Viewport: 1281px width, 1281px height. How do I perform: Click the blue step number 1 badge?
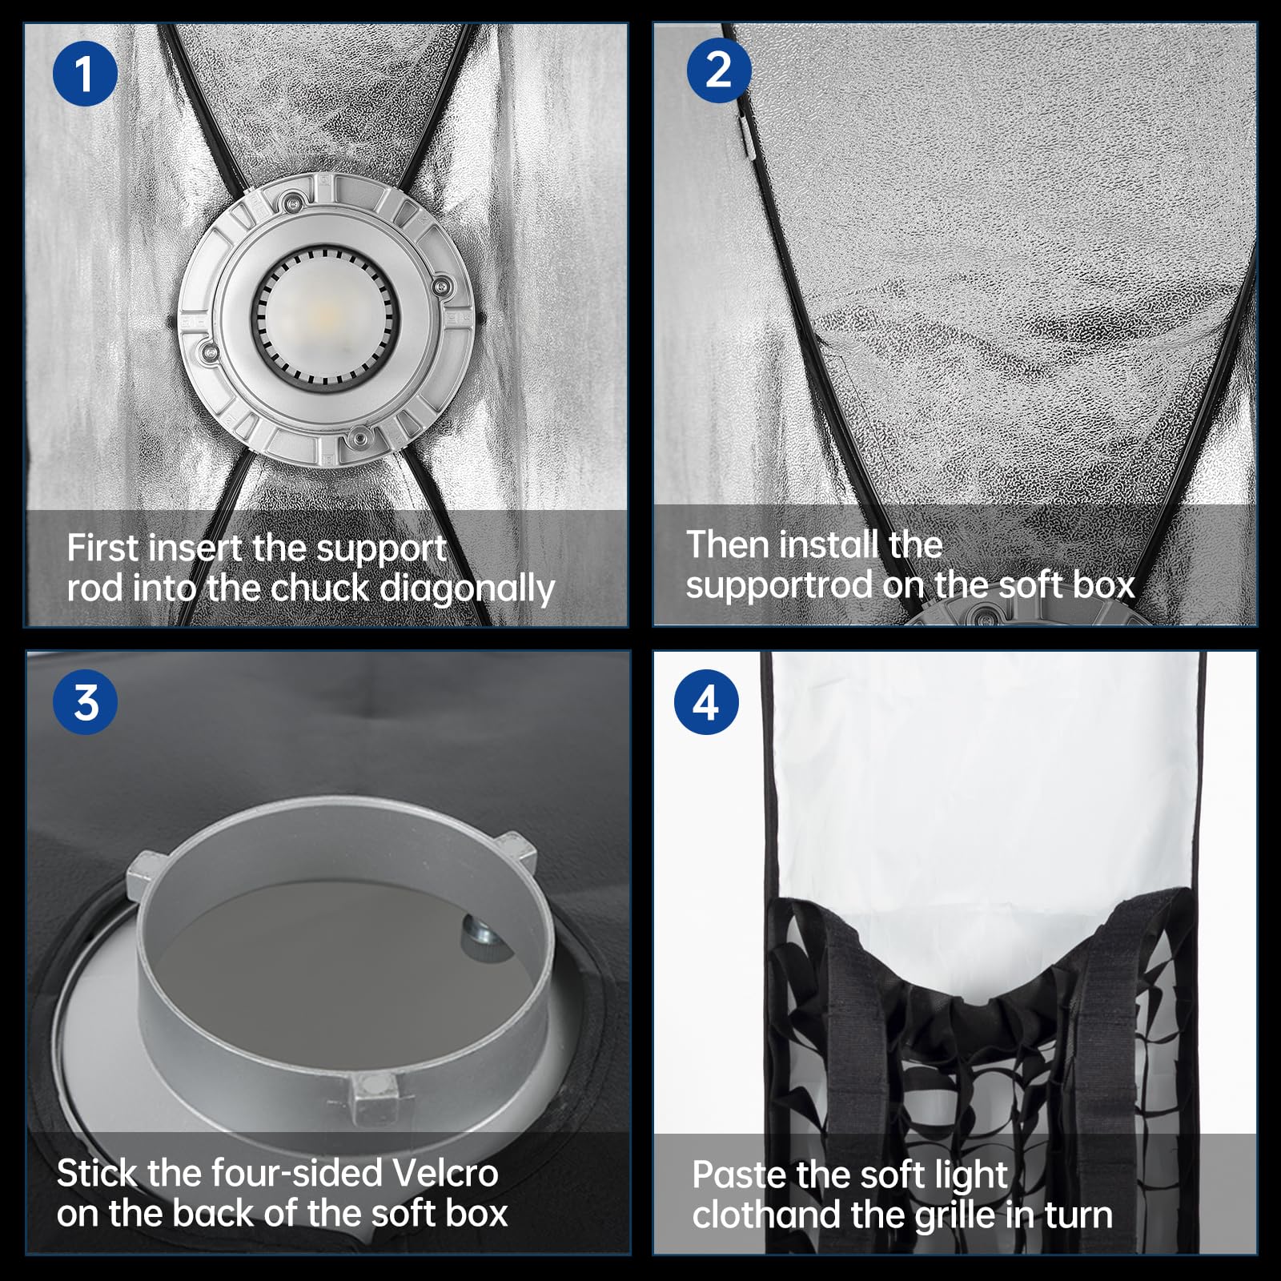(x=85, y=74)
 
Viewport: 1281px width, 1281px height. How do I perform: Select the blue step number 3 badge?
(x=85, y=702)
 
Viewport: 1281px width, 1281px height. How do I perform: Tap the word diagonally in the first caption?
(x=467, y=589)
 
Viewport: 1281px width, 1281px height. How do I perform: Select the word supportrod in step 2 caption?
(x=779, y=585)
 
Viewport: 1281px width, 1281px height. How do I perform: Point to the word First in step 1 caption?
(x=103, y=548)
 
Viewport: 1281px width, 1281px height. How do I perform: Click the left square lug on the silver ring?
(x=147, y=875)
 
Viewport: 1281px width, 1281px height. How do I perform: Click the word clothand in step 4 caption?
(x=768, y=1215)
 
